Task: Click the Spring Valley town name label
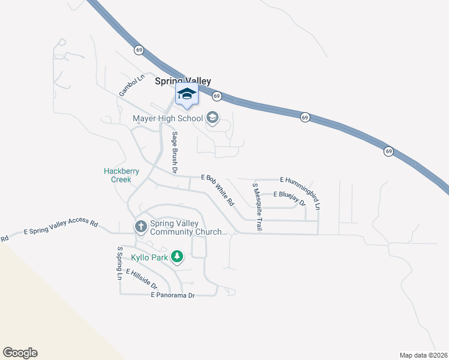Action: pos(183,81)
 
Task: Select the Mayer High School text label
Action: pos(167,118)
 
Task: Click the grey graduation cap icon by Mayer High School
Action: pos(212,118)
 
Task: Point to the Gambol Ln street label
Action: pos(132,85)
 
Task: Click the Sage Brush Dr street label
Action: pos(175,152)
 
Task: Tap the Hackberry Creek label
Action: pos(121,175)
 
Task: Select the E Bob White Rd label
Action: pos(217,190)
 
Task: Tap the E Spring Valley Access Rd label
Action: pos(60,227)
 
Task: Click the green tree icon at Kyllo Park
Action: pos(176,257)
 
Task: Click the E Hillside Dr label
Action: pos(142,280)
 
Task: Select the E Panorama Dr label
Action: pos(173,295)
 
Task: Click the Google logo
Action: pos(20,353)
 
